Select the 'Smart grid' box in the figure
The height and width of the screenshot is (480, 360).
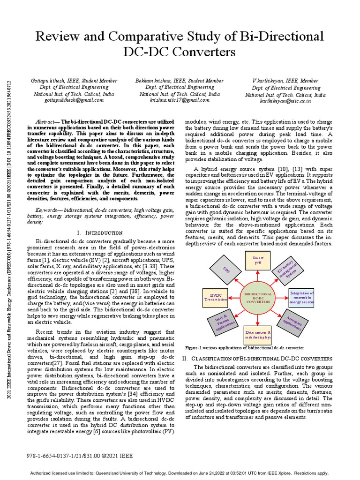click(x=258, y=261)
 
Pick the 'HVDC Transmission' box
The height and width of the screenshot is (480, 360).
click(x=216, y=297)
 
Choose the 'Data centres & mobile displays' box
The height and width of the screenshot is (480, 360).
click(x=258, y=335)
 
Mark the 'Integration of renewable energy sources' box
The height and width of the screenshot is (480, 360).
click(x=301, y=297)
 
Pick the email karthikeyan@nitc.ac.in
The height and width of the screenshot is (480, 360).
click(x=285, y=101)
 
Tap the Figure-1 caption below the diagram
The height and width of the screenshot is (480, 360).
click(x=244, y=348)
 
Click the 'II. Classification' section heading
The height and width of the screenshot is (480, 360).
click(x=257, y=358)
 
